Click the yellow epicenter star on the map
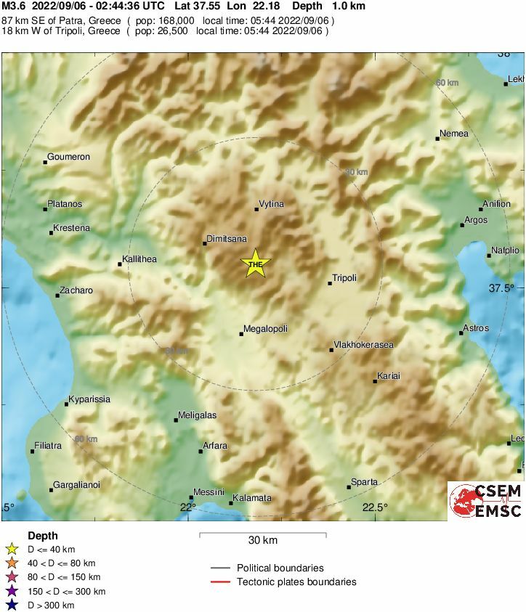tap(255, 264)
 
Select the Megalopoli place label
tap(265, 329)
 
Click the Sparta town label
tap(364, 482)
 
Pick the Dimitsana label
tap(227, 238)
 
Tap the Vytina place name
tap(271, 205)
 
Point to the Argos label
tap(476, 220)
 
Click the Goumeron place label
tap(68, 157)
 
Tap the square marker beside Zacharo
tap(57, 295)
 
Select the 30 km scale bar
tap(262, 535)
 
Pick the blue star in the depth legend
tap(12, 605)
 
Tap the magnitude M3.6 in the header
tap(14, 6)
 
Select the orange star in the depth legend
tap(12, 563)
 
